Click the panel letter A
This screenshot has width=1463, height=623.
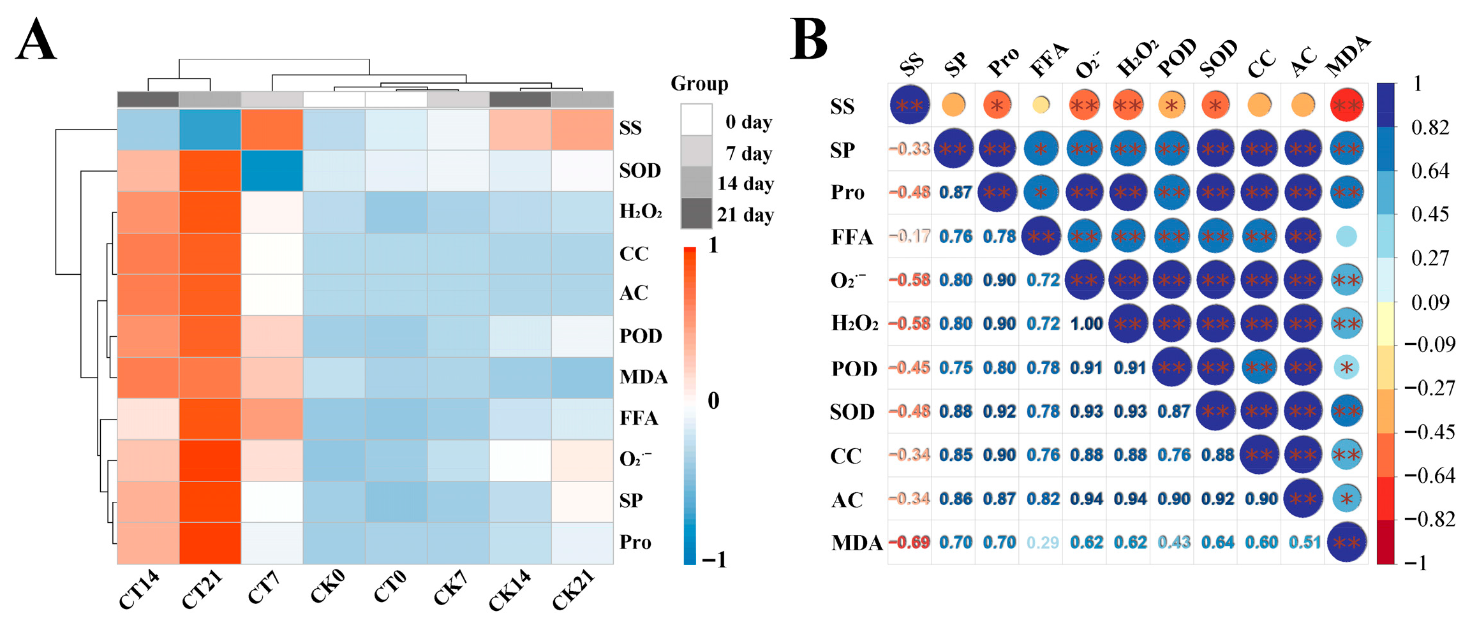click(x=36, y=40)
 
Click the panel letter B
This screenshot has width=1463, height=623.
click(x=808, y=40)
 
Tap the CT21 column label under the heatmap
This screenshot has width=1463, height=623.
click(x=202, y=590)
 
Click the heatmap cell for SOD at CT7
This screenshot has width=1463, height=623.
click(x=272, y=170)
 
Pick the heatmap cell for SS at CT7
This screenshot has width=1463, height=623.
click(x=272, y=129)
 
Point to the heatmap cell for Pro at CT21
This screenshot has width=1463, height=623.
click(x=210, y=543)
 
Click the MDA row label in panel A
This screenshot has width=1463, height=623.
click(x=643, y=377)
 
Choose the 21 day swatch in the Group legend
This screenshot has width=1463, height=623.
click(x=696, y=214)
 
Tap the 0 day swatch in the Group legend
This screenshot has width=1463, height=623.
click(x=696, y=120)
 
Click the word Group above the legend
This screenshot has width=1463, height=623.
click(x=699, y=84)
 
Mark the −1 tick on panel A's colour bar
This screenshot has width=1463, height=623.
click(x=714, y=560)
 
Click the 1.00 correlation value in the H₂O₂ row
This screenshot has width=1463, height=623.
click(x=1086, y=324)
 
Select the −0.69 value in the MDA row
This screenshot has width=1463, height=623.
click(x=909, y=543)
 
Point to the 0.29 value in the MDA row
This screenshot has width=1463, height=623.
click(x=1043, y=543)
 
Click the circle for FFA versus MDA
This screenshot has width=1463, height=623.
click(x=1346, y=237)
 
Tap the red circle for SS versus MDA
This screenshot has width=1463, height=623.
click(x=1346, y=105)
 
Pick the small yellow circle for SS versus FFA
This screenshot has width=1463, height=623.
click(x=1041, y=105)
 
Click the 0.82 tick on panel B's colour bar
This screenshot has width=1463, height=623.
click(x=1430, y=128)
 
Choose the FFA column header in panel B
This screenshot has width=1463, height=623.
click(x=1048, y=61)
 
